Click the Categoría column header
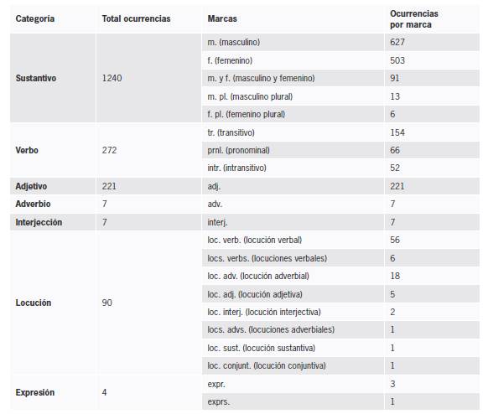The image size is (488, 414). coord(35,18)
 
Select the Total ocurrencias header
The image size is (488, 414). coord(135,18)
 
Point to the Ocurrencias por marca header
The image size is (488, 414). coord(414,19)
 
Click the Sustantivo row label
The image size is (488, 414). coord(36,78)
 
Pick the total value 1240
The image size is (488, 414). coord(112,78)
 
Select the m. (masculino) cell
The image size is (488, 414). coord(245,41)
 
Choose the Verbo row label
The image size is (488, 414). coord(28,150)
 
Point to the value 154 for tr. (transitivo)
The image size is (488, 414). coord(397,132)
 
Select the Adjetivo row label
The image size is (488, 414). coord(34,186)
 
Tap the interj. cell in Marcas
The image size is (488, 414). coord(217,222)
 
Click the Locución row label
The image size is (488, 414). coord(34,302)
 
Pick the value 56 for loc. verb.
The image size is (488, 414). coord(395,240)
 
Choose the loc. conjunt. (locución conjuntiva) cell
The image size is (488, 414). coord(266,365)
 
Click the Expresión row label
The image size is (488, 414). coord(35,391)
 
